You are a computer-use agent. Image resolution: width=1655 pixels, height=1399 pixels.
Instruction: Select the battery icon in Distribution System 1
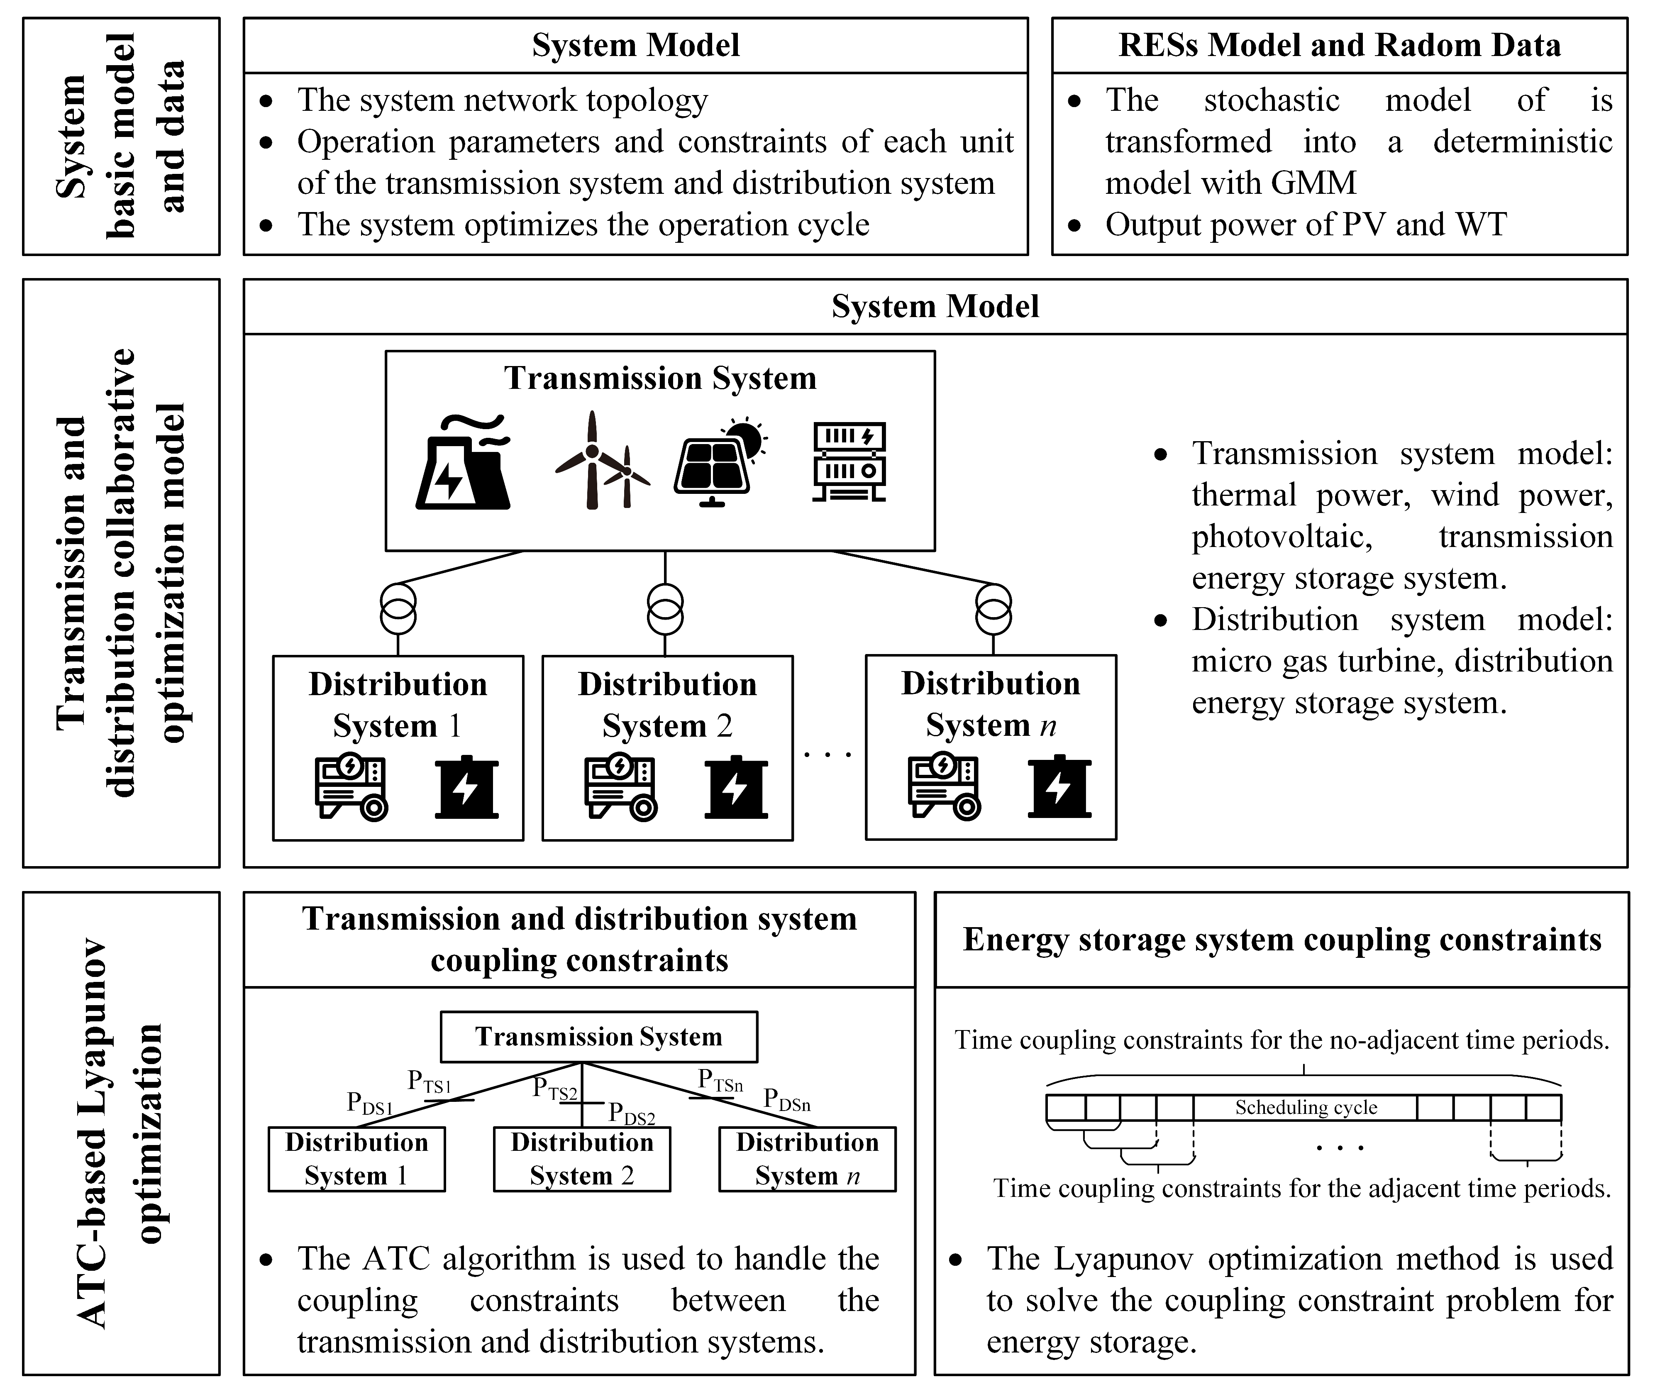(x=466, y=788)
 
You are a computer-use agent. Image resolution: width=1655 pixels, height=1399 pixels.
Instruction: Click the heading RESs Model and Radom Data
(x=1339, y=45)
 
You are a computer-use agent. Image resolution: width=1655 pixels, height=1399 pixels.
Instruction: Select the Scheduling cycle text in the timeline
(x=1305, y=1107)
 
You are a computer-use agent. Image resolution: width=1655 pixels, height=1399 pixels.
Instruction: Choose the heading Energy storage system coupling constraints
(x=1282, y=940)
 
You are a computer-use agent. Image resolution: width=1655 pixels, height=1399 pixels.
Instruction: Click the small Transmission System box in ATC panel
(x=599, y=1037)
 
